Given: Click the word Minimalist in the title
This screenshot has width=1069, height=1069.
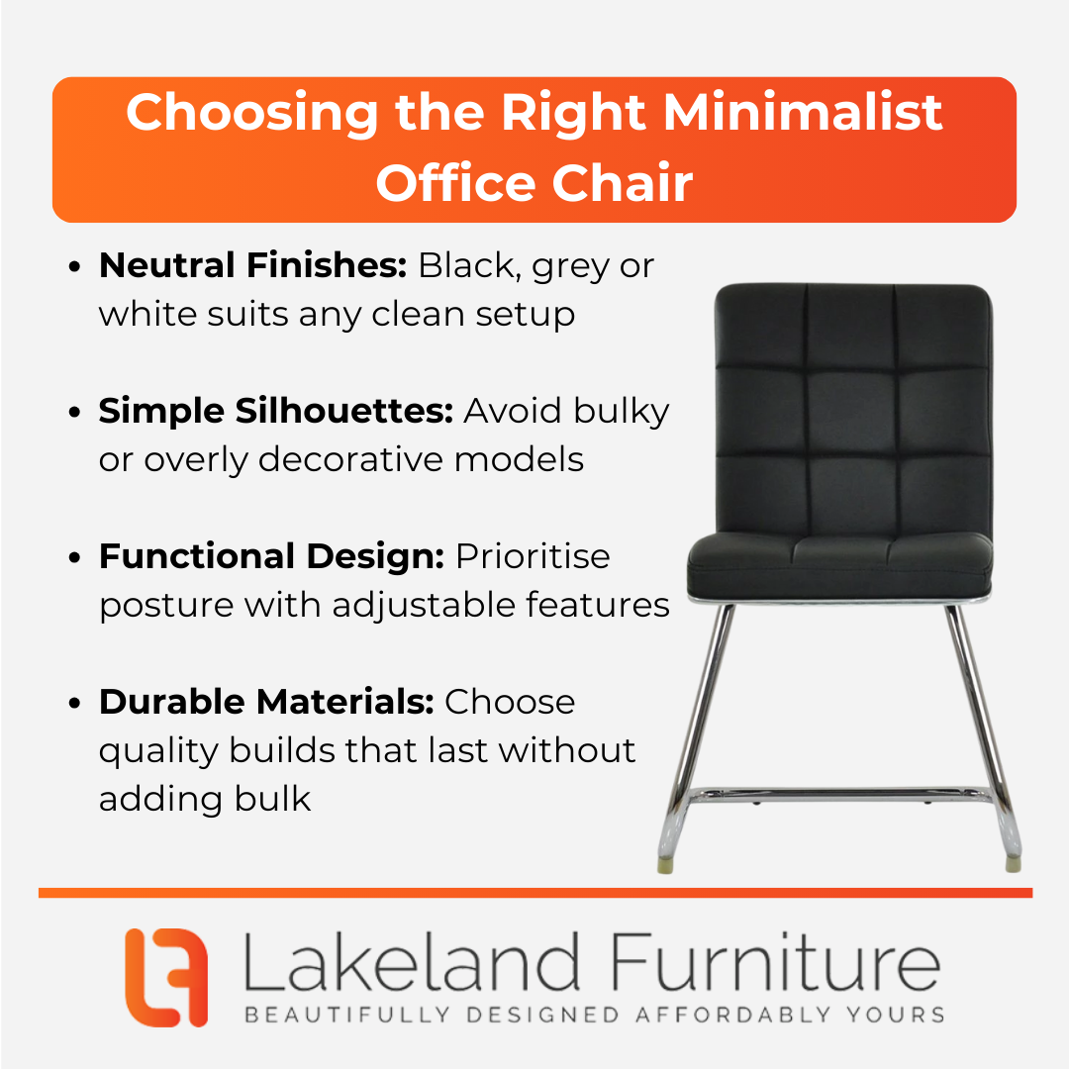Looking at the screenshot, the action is coord(803,112).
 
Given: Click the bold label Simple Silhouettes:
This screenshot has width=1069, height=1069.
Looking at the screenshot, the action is coord(276,411).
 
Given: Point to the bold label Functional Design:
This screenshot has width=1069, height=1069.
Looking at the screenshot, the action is coord(272,556).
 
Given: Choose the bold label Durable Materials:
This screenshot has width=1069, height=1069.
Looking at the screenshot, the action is coord(266,702).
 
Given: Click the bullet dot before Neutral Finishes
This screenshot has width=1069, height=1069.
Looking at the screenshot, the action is coord(74,266).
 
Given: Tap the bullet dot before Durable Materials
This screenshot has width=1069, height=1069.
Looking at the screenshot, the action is coord(74,704).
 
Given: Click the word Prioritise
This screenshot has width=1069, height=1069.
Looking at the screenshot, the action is coord(533,556).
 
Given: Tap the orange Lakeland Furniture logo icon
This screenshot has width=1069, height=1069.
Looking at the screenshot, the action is coord(166,977).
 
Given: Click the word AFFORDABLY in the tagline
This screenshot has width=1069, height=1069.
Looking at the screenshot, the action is coord(732,1015).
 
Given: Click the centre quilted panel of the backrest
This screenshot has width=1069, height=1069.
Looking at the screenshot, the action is coord(852,413).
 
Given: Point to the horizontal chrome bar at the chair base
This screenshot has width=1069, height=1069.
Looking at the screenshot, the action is coord(840,795).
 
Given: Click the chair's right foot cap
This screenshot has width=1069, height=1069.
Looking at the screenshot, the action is coord(1014,864).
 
